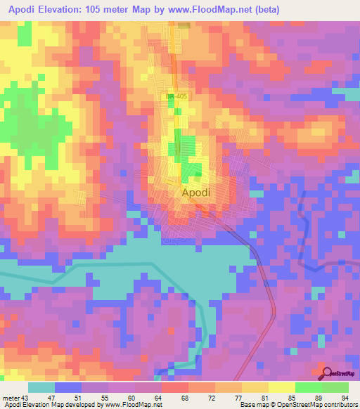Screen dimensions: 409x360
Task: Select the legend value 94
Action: [x=345, y=397]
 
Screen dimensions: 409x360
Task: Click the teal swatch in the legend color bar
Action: [x=41, y=387]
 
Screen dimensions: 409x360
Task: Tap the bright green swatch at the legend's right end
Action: [x=335, y=387]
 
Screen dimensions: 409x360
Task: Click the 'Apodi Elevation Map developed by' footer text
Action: [x=42, y=405]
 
